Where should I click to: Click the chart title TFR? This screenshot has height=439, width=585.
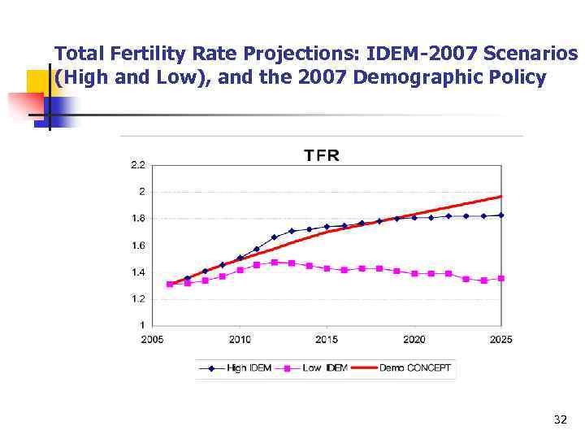tap(322, 154)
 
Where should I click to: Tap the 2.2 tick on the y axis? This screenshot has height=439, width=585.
tap(138, 165)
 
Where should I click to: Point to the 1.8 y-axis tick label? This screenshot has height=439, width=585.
tap(138, 219)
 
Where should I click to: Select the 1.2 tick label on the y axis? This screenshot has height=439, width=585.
tap(138, 299)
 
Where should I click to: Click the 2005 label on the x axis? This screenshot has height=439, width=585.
tap(152, 339)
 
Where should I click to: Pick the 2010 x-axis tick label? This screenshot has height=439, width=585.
tap(240, 339)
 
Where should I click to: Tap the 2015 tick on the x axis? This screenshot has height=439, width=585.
tap(327, 339)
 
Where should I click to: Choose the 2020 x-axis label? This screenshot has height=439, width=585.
tap(414, 339)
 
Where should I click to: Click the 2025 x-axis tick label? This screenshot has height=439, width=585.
tap(501, 339)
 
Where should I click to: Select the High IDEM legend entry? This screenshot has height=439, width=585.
tap(236, 368)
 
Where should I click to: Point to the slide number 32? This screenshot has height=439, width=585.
tap(559, 419)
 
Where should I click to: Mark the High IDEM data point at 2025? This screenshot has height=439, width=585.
tap(501, 215)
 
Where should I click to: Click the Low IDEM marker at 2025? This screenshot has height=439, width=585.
tap(501, 279)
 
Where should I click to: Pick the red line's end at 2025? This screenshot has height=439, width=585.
tap(501, 196)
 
